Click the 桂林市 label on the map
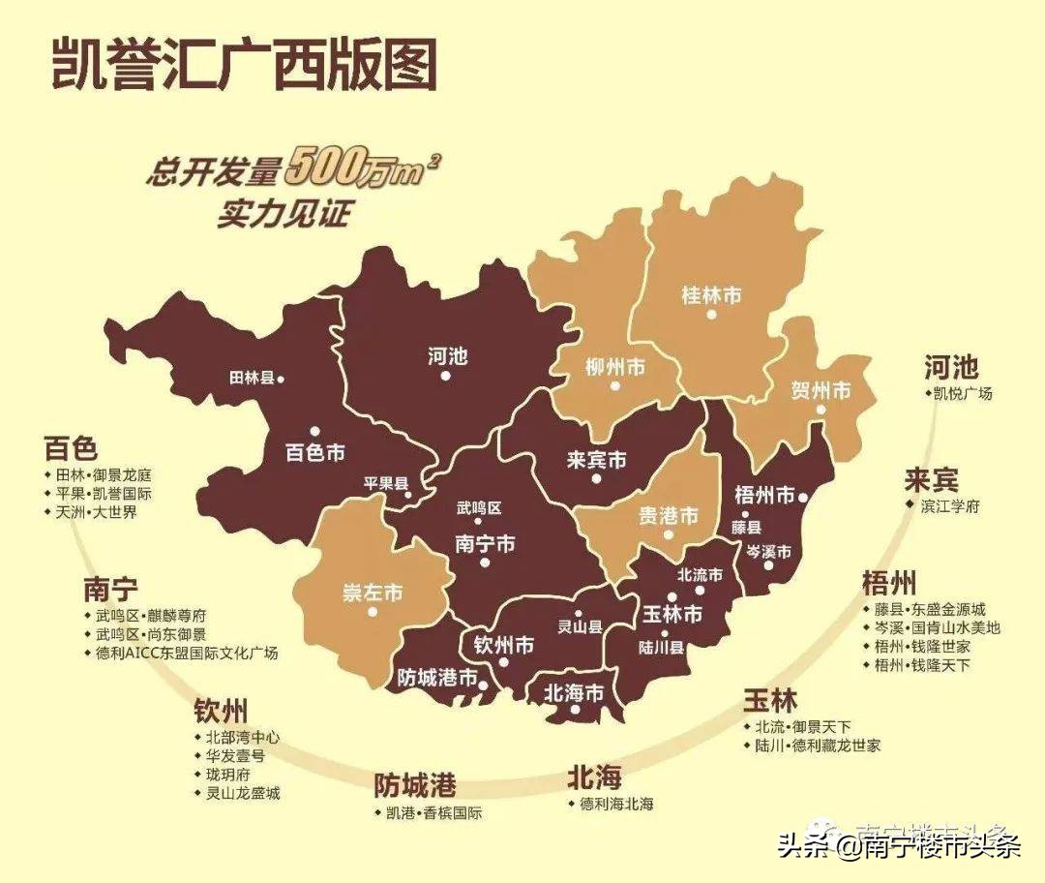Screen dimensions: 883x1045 coord(711,295)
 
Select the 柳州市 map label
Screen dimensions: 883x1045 coord(615,367)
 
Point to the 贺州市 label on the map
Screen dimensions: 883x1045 coord(821,391)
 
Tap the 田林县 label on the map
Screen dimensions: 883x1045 coord(253,379)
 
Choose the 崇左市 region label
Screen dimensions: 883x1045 coord(373,594)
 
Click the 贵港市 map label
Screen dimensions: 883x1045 coord(668,515)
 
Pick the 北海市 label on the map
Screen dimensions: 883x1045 coord(574,693)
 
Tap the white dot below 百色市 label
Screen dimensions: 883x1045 coord(314,432)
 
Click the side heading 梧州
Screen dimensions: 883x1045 coord(888,584)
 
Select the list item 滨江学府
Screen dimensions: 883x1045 coord(942,506)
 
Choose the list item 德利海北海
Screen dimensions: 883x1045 coord(616,804)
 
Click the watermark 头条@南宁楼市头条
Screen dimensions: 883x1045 coord(899,847)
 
